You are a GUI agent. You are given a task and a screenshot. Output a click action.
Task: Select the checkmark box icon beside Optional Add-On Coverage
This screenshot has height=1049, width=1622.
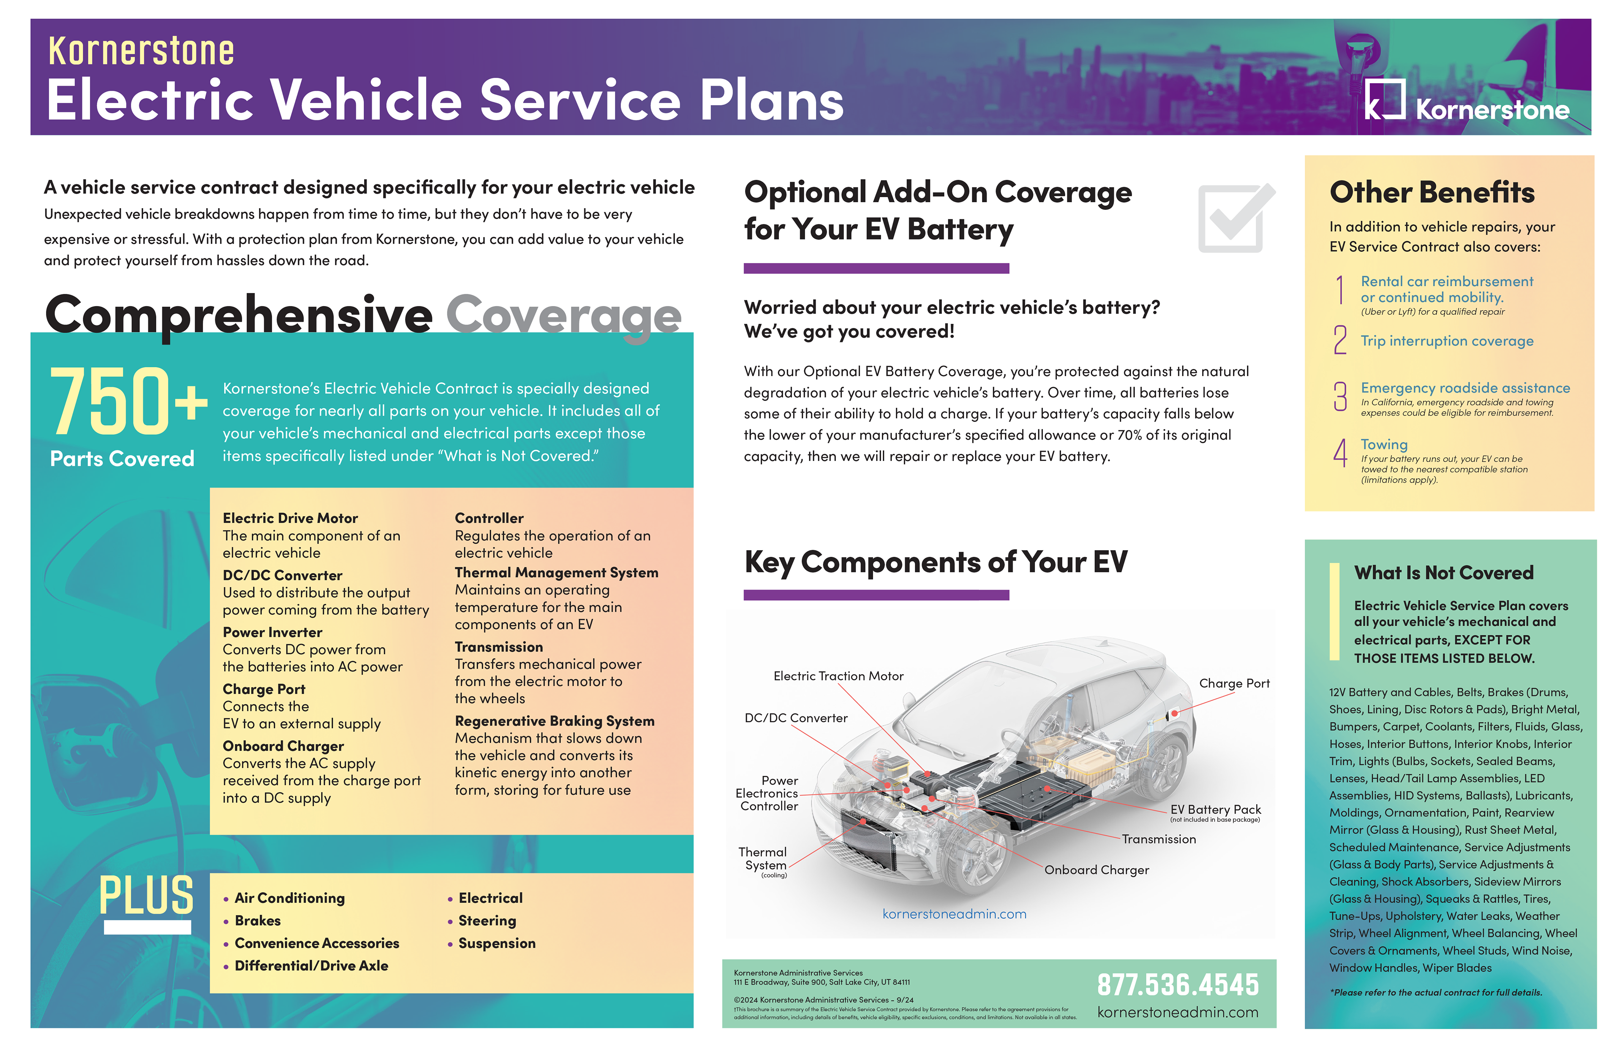(1235, 218)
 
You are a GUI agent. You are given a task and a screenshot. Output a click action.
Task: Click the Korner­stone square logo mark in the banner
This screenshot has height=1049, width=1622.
(1384, 100)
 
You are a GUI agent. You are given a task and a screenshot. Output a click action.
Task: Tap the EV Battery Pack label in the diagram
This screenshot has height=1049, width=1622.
(1215, 809)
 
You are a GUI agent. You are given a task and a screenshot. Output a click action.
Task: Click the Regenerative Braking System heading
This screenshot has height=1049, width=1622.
(554, 721)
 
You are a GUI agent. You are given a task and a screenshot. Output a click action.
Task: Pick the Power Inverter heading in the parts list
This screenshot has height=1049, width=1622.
(272, 632)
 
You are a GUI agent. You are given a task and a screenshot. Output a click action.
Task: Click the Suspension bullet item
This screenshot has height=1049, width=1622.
(496, 943)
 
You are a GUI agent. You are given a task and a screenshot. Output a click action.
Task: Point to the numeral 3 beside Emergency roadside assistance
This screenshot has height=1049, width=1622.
(1340, 396)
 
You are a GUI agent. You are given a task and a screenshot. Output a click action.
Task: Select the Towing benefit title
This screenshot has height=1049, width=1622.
(1383, 444)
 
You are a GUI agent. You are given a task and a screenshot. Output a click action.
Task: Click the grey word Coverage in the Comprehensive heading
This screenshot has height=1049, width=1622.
(563, 315)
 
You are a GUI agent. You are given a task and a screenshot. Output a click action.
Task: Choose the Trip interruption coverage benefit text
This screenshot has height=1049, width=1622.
(1446, 341)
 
